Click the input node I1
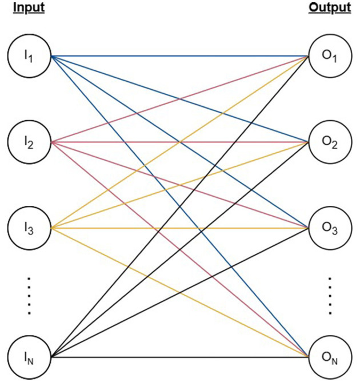30,57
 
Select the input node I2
30,142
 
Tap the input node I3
30,228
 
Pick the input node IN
30,358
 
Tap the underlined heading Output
330,9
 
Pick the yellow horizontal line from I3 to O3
114,228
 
